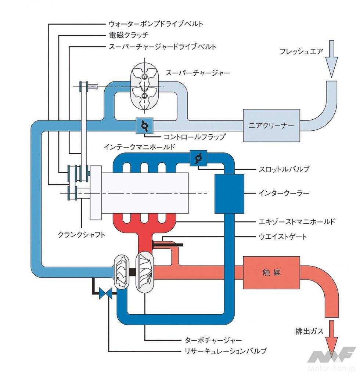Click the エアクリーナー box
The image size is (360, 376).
click(271, 126)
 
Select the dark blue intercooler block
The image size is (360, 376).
click(229, 194)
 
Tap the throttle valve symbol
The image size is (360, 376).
click(198, 158)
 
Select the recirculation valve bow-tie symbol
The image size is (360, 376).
click(105, 293)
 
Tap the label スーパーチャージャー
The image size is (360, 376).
click(198, 73)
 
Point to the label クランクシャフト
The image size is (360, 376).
click(81, 234)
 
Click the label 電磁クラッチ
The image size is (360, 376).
click(126, 35)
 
